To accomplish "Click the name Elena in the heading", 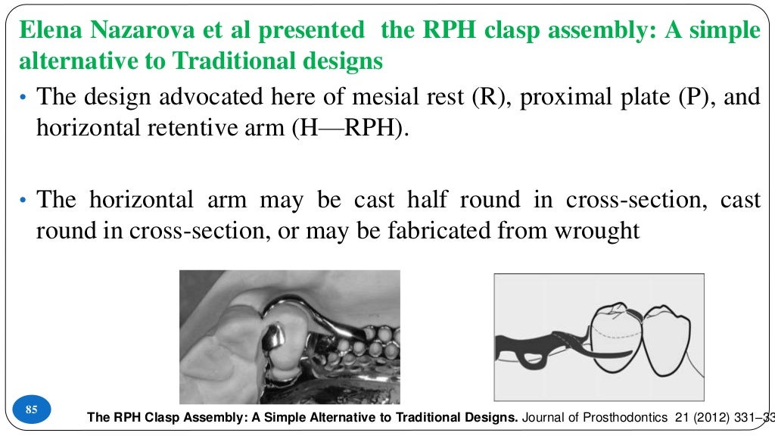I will coord(49,30).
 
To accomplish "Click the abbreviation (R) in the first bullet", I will coord(489,97).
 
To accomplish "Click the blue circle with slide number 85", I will coord(32,410).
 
